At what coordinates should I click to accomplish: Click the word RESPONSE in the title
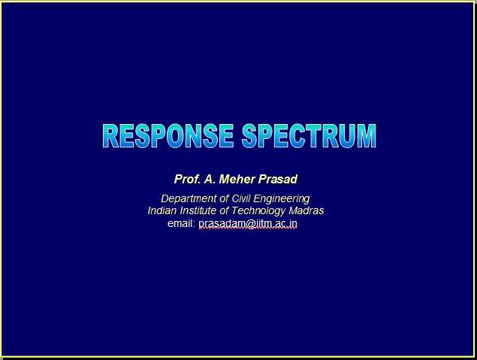point(168,136)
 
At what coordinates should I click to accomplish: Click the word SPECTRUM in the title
point(309,136)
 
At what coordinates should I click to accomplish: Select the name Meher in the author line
point(237,179)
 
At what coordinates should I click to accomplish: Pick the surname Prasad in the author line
point(278,179)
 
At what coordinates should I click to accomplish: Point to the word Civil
point(241,198)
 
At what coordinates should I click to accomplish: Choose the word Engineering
point(282,199)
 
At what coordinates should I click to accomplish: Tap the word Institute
point(198,210)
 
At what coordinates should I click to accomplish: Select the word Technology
point(258,211)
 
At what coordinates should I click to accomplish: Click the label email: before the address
point(181,223)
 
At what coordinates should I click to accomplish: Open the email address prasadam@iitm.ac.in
point(248,224)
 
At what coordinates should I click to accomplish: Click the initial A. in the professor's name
point(210,179)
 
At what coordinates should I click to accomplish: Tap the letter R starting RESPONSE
point(110,136)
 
